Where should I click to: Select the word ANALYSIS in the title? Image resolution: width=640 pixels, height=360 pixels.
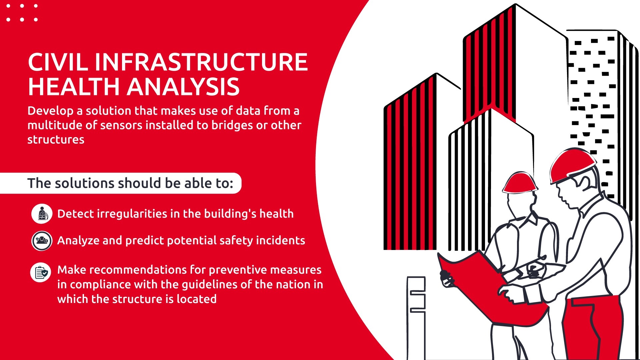[183, 87]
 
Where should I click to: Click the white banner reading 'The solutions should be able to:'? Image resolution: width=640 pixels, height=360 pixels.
[121, 183]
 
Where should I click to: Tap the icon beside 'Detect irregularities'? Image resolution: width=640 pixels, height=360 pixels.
[42, 214]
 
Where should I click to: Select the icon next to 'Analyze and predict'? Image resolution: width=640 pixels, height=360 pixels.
[42, 241]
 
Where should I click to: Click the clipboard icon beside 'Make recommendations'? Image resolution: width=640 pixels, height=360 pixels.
[41, 272]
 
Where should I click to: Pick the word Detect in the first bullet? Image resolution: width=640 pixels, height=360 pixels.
[75, 214]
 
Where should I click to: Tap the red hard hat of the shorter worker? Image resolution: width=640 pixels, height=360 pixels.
[520, 183]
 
